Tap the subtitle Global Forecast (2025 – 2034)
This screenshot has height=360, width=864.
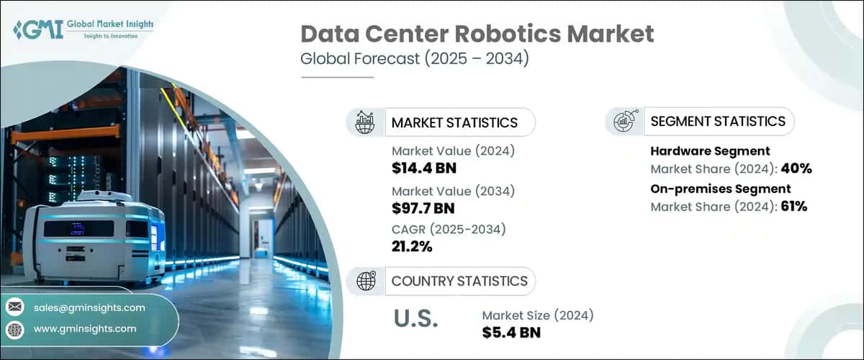point(415,58)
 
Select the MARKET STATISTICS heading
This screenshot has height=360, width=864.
point(454,122)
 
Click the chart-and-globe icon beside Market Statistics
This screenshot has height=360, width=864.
point(366,122)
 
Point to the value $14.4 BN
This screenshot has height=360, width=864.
point(424,168)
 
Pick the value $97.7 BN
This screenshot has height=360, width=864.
point(424,209)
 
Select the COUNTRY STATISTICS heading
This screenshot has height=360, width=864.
point(459,281)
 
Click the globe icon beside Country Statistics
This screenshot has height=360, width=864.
point(366,281)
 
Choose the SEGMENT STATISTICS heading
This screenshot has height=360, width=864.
point(718,121)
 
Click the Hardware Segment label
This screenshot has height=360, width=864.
point(710,151)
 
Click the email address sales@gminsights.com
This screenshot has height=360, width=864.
point(89,307)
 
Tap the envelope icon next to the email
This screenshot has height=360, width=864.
point(15,307)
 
